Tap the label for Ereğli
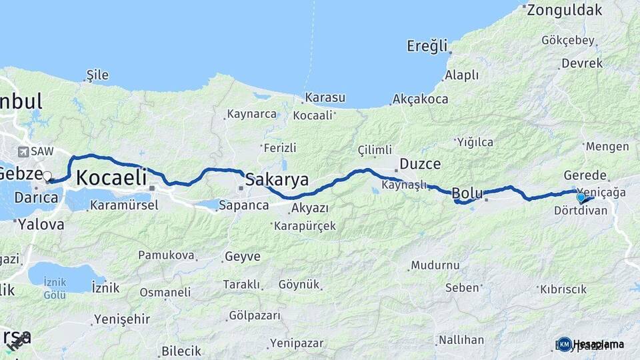point(427,46)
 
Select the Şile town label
point(97,75)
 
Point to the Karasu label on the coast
point(325,98)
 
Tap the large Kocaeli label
point(111,178)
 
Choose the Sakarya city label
point(277,179)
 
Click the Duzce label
point(420,163)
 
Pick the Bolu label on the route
point(467,193)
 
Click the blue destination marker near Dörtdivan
point(581,197)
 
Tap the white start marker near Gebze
point(47,177)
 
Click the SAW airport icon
point(24,152)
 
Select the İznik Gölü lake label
point(55,287)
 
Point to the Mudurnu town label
point(435,265)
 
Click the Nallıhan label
point(461,340)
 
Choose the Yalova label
point(41,224)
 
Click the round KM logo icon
point(565,344)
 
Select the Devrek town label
point(582,63)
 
